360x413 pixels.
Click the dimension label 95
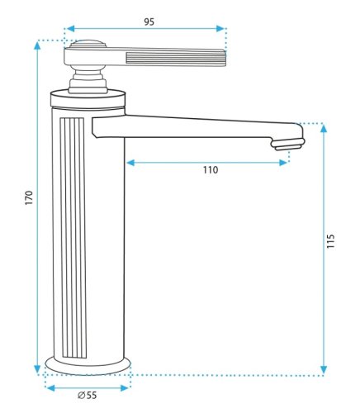149,22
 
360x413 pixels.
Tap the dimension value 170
29,197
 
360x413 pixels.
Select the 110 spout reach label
211,170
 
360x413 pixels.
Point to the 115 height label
330,241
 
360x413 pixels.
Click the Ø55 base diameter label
87,396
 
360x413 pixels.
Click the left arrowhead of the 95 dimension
71,29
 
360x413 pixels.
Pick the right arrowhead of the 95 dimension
220,29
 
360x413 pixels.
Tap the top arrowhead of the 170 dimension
37,45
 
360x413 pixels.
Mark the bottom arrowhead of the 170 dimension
37,369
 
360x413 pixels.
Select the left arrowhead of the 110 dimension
130,163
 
